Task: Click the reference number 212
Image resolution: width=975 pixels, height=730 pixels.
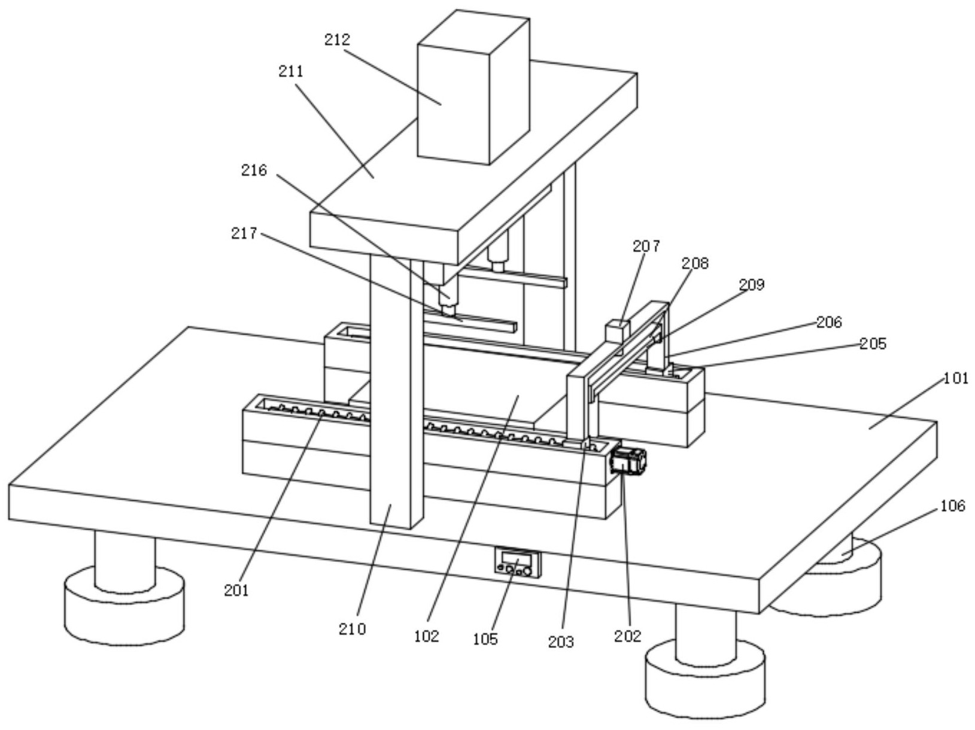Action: coord(337,40)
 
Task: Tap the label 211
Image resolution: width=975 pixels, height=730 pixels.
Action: coord(291,71)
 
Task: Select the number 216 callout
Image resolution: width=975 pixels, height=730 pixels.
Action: coord(254,170)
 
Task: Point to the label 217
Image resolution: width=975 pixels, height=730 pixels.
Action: coord(244,233)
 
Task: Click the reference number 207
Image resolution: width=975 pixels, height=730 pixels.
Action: coord(646,245)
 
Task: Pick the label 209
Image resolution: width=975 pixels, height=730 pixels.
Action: coord(752,285)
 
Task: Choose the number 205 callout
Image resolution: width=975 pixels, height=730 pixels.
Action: coord(873,343)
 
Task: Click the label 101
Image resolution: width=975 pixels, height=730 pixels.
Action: coord(956,378)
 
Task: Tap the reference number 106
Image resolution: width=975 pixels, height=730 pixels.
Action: coord(953,506)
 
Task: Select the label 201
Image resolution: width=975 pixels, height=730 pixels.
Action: coord(236,590)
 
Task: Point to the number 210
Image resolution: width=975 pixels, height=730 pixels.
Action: coord(353,629)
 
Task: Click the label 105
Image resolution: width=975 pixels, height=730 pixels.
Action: coord(485,639)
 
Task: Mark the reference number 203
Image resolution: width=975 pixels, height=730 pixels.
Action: coord(561,642)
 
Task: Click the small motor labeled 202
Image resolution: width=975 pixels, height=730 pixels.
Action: coord(628,461)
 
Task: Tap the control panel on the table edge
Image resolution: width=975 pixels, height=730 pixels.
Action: coord(518,562)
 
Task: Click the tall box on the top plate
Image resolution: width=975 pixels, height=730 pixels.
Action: coord(473,87)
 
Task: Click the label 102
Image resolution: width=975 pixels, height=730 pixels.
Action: coord(426,636)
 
